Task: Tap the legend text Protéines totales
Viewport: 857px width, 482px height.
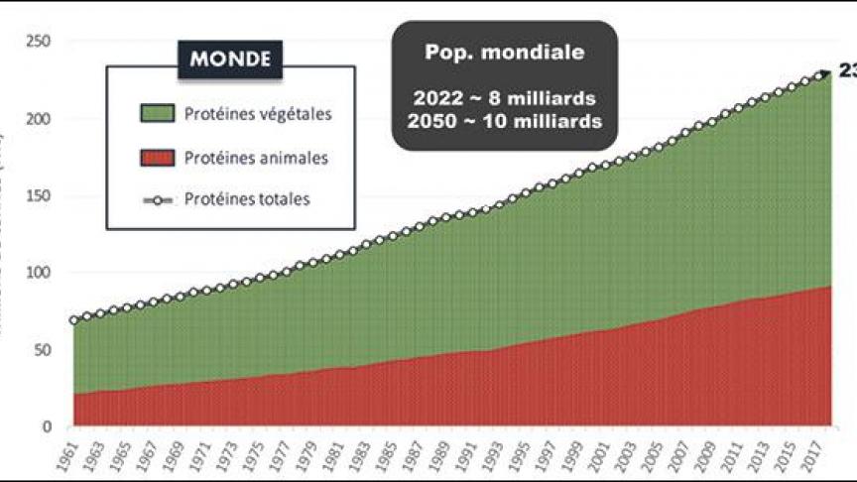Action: coord(247,199)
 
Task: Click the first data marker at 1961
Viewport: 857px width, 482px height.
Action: coord(74,320)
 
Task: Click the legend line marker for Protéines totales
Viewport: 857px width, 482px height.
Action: coord(157,199)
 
